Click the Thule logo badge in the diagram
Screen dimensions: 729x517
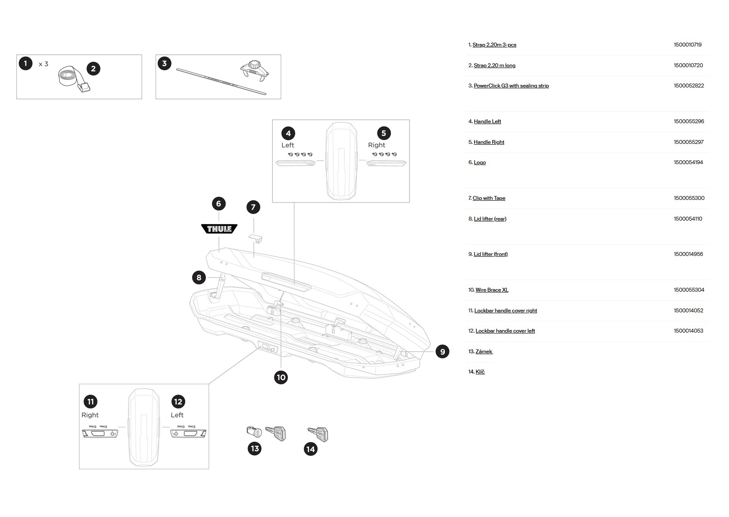pos(219,229)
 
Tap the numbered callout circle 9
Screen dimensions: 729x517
pos(442,352)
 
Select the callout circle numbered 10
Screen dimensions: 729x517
pos(281,377)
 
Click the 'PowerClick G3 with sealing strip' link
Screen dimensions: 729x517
pos(511,86)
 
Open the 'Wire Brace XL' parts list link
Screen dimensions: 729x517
pos(492,290)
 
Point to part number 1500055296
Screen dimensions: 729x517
pos(688,121)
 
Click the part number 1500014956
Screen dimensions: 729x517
pos(688,254)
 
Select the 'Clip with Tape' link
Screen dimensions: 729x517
pos(489,198)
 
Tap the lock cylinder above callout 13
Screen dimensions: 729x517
pos(254,432)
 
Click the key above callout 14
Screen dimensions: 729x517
pos(318,434)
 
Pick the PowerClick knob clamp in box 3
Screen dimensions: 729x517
pos(255,71)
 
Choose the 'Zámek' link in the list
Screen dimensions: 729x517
pos(484,352)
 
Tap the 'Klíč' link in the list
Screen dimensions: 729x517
pos(480,372)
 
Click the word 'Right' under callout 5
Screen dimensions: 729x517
pos(376,145)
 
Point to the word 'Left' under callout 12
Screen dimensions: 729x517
pos(177,415)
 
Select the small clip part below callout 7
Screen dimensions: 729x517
pos(256,238)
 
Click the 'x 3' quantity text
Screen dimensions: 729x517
pos(43,64)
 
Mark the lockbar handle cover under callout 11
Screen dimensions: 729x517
pos(100,433)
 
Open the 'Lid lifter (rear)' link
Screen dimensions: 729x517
pos(490,219)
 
